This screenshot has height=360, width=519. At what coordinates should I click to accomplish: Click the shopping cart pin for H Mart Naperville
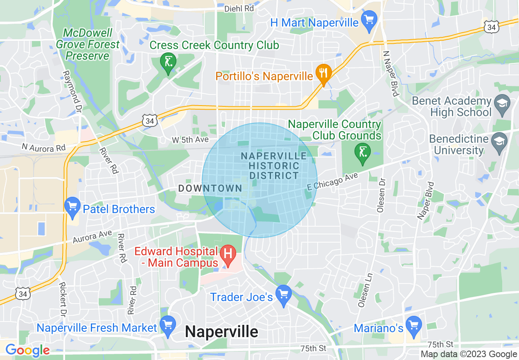click(x=370, y=21)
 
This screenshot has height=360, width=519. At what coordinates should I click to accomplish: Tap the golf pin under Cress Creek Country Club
click(x=168, y=63)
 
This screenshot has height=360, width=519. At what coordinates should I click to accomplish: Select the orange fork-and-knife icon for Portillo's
click(x=324, y=74)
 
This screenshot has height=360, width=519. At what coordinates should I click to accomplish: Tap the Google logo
click(x=27, y=351)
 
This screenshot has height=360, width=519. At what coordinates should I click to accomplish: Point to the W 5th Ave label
click(x=190, y=140)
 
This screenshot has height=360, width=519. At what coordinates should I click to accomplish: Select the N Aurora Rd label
click(x=44, y=147)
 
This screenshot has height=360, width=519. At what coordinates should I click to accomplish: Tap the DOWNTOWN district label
click(x=210, y=188)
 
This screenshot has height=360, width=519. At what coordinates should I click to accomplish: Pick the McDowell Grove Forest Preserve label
click(x=88, y=44)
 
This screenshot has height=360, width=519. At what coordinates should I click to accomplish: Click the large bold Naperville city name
click(x=221, y=331)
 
